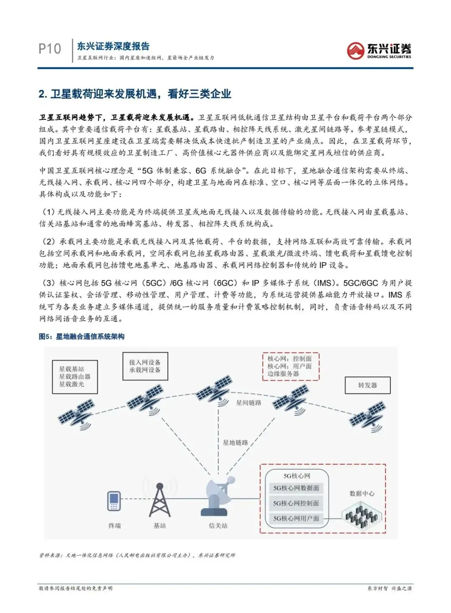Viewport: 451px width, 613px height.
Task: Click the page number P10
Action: tap(50, 49)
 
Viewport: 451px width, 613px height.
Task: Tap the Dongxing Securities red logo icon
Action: tap(355, 51)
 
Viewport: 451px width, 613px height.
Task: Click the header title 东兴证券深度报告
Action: tap(113, 46)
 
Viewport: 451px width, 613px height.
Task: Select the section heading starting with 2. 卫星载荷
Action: tap(134, 94)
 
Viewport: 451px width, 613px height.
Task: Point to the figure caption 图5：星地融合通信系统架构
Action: tap(81, 337)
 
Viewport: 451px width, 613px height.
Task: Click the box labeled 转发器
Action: tap(367, 385)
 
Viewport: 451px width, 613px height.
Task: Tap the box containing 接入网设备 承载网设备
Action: tap(145, 366)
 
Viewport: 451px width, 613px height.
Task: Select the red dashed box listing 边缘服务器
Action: tap(290, 366)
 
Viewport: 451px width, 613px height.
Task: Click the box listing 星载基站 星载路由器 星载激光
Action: tap(75, 377)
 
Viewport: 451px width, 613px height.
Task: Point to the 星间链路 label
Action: tap(248, 403)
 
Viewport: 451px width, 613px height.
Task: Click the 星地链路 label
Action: tap(235, 442)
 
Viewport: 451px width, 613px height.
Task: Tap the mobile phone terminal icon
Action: tap(114, 501)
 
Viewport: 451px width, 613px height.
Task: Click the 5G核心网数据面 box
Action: tap(296, 488)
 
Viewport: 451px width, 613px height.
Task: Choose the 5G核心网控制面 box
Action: tap(296, 503)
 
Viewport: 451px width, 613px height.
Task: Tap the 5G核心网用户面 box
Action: tap(296, 518)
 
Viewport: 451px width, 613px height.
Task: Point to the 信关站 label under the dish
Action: tap(218, 526)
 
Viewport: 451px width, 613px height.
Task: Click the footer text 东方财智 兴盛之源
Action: tap(389, 588)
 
